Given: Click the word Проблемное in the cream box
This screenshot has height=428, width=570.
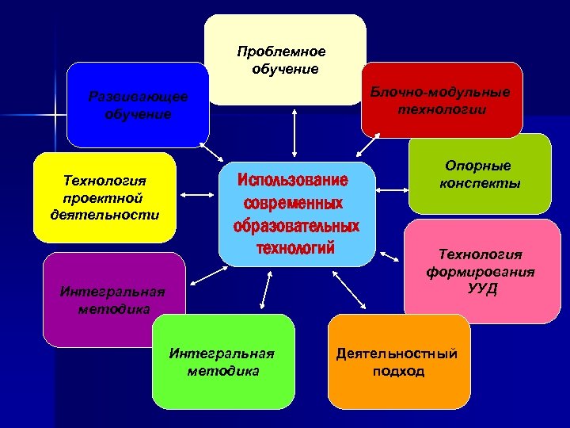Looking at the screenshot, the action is tap(281, 52).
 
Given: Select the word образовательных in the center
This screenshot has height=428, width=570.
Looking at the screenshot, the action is tap(296, 227).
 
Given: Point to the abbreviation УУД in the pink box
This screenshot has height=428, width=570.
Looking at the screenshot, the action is tap(482, 287).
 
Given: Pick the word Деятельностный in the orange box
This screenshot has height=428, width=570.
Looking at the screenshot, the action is tap(397, 353).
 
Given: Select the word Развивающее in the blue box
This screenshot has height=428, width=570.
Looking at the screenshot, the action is tap(139, 97).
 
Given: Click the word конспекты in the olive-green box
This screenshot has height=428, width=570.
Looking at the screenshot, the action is tap(480, 183).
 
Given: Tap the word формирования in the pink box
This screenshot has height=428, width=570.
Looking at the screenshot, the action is tap(481, 271).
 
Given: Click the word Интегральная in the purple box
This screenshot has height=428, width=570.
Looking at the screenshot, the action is tap(112, 290).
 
